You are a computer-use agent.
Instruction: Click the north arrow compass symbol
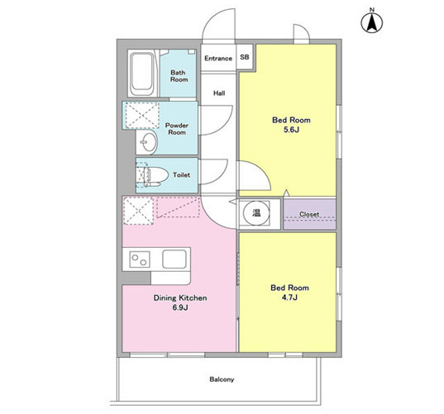pos(372,22)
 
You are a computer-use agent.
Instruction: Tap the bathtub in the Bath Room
pos(141,74)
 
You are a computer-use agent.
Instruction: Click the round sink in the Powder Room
pos(149,142)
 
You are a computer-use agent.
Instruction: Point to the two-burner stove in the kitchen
pos(140,259)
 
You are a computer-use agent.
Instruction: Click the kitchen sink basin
pos(174,259)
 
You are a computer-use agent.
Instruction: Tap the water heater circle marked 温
pos(256,213)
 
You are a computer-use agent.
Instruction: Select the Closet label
pos(309,214)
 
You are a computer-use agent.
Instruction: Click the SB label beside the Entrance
pos(245,57)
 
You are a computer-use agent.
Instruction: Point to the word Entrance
pos(218,59)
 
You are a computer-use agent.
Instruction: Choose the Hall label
pos(219,93)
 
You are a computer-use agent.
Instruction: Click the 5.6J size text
pos(291,130)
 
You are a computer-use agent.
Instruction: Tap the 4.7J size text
pos(289,297)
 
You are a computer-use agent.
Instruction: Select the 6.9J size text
pos(180,307)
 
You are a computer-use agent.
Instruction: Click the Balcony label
pos(222,379)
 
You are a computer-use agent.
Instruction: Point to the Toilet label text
pos(182,175)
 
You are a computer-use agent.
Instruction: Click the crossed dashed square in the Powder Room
pos(142,116)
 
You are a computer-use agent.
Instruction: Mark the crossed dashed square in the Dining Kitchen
pos(139,211)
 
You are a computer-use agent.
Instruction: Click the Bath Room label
pos(179,76)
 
